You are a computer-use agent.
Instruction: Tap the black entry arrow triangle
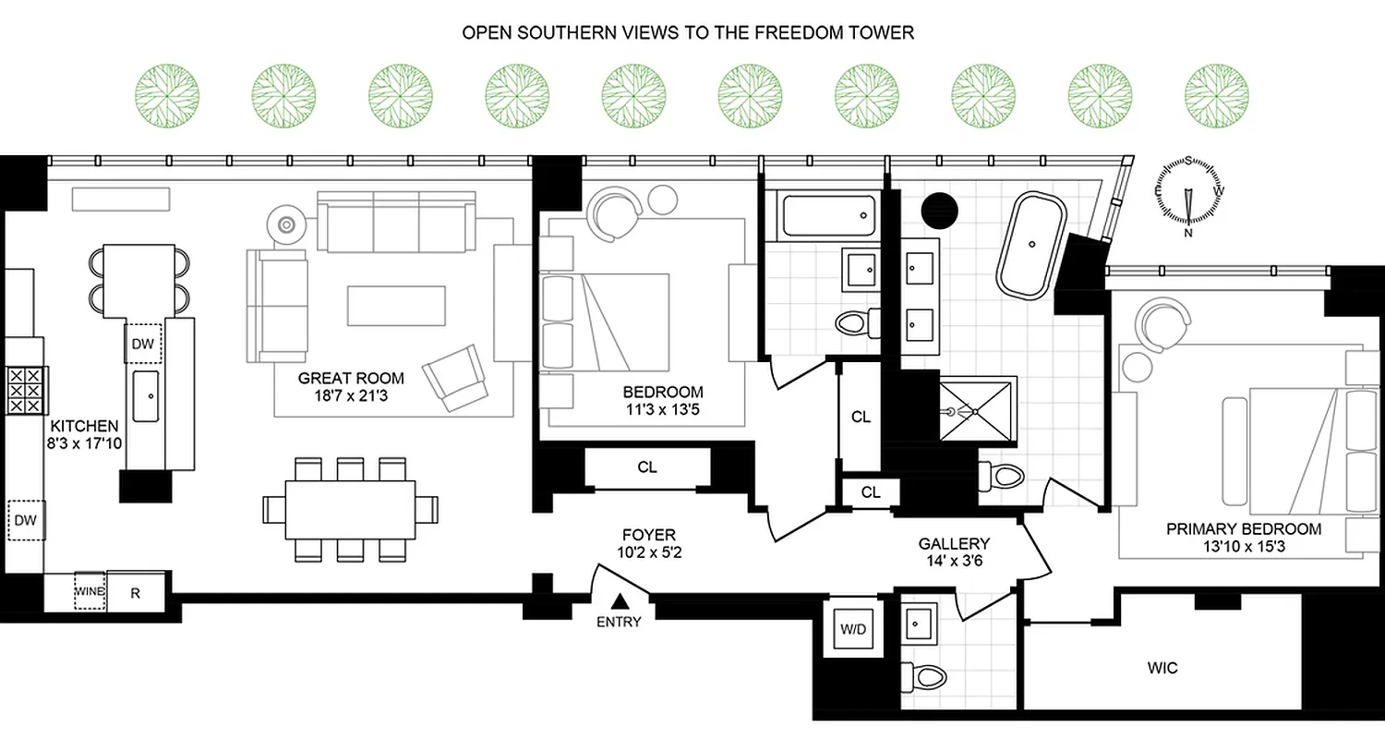[619, 602]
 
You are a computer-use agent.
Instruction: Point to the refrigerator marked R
[136, 593]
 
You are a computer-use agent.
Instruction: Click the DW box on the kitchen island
[143, 345]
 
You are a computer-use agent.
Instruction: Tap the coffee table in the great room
[396, 306]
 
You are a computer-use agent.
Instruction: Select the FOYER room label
[648, 535]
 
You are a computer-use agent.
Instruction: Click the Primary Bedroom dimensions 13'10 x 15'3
[1243, 547]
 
